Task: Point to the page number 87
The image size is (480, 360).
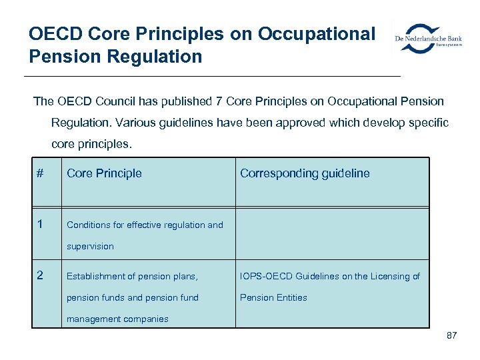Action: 451,335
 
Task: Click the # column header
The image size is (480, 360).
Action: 40,173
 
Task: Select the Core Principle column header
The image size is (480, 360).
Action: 104,173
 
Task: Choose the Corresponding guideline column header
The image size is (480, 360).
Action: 305,173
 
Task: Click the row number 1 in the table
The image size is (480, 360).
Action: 40,224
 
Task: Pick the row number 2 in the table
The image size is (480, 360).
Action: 40,275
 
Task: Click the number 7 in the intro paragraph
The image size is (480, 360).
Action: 219,101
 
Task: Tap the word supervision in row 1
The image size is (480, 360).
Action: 90,247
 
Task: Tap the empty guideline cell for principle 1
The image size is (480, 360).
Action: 332,233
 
